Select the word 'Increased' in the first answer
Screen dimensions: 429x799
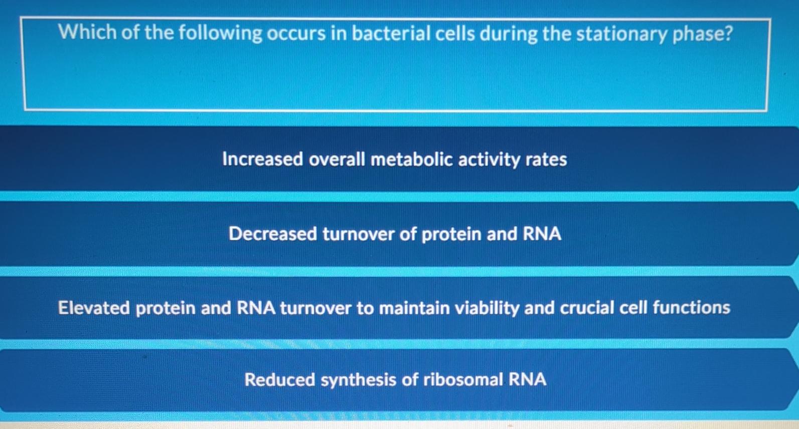[262, 159]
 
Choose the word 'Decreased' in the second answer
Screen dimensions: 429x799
[272, 234]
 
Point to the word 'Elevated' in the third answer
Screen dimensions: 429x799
[94, 308]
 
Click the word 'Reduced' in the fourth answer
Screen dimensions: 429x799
[279, 379]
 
